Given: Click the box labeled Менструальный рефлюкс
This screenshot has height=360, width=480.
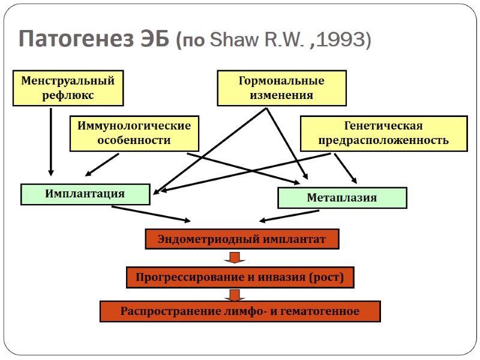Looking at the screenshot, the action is [68, 88].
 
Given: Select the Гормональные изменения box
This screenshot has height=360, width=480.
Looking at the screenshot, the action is [281, 88].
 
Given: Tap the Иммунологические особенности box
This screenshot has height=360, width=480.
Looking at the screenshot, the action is [134, 133].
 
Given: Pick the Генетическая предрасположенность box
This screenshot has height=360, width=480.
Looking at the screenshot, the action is [383, 133].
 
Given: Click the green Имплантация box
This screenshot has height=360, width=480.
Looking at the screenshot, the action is [85, 194].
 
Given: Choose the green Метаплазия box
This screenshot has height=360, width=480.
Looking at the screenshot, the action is [342, 197].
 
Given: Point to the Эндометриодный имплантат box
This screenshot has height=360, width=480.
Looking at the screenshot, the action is [242, 239].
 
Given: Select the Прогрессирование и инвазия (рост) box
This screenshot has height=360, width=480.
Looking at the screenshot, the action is [239, 277].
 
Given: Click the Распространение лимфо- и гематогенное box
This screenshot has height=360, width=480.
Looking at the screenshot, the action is [240, 311].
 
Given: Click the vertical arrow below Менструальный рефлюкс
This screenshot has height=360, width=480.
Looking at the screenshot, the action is [50, 141].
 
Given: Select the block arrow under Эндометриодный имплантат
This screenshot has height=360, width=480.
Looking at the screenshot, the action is [235, 258].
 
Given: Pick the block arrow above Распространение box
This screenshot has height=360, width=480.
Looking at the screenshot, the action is [235, 295].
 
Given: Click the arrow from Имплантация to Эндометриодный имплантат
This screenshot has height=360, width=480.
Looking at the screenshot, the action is [151, 214].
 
